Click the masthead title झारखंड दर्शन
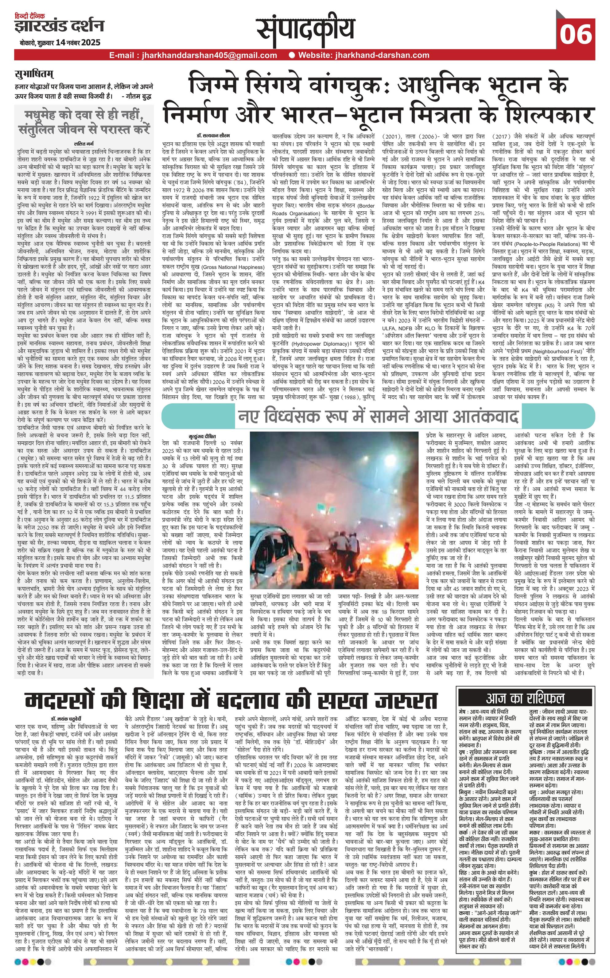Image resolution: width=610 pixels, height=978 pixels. pos(59,27)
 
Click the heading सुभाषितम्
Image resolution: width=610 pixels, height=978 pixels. pos(34,75)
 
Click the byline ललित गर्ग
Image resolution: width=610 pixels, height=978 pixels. pos(84,143)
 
